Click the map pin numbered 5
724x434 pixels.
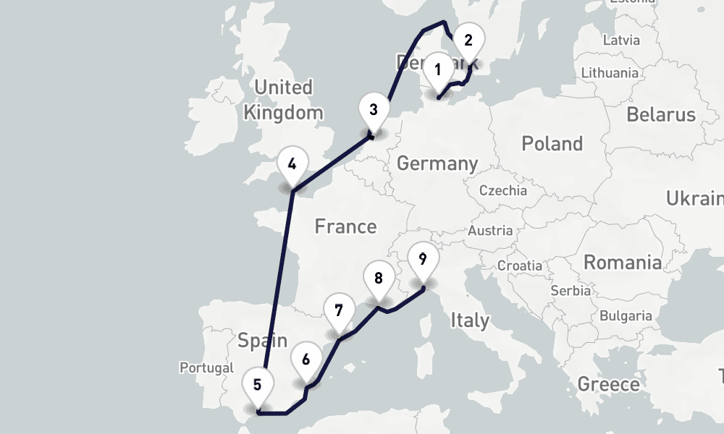257,385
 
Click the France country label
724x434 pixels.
345,226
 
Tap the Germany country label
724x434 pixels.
437,163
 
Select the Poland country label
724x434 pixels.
552,143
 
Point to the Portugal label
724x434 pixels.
207,367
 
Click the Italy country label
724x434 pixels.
470,320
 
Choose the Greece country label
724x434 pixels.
608,383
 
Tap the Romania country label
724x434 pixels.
623,262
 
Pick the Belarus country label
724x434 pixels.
660,114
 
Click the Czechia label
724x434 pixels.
503,191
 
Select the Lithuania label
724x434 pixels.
609,72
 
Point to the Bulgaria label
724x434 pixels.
626,316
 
